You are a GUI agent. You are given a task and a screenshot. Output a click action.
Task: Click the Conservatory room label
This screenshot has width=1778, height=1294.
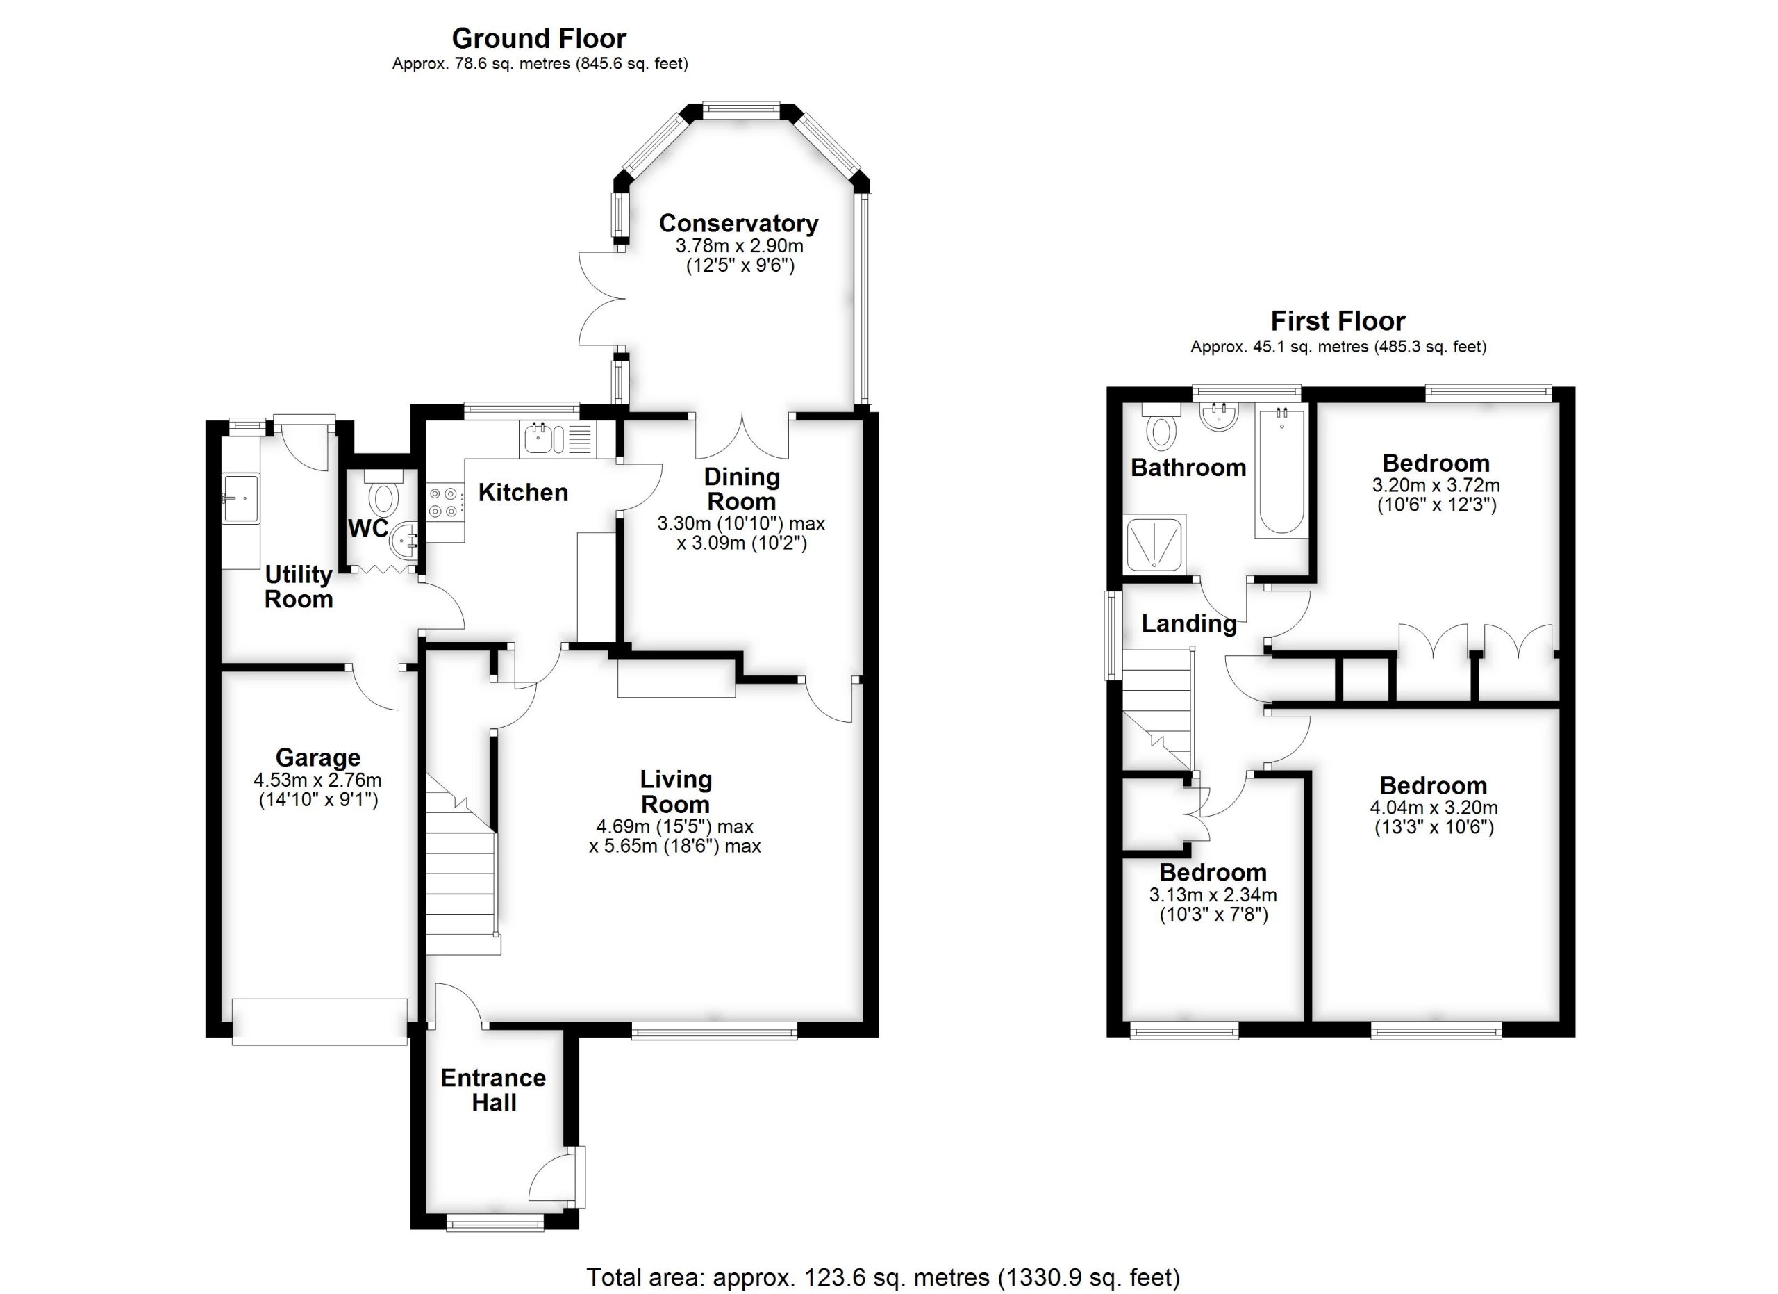pos(738,224)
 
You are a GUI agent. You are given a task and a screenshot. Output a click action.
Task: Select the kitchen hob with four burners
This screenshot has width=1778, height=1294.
pos(444,502)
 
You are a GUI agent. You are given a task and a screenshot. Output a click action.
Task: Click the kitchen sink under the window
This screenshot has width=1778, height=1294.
pos(538,440)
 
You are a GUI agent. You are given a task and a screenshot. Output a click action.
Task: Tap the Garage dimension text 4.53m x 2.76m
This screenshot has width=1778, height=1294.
pos(317,780)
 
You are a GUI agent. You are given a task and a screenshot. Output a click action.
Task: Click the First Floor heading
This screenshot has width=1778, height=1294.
pos(1338,321)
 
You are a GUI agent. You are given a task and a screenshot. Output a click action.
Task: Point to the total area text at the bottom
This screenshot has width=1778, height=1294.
pos(883,1277)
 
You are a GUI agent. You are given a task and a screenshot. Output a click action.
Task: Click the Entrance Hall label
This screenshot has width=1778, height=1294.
pos(493,1090)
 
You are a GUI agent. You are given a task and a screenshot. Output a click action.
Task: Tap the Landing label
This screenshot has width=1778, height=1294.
pos(1188,623)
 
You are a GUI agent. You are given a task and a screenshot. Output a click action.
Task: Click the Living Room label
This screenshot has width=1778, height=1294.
pos(675,792)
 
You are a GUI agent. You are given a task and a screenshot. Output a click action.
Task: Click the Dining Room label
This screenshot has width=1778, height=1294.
pos(741,489)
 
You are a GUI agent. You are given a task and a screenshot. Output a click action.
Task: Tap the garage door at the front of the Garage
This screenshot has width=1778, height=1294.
pos(320,1021)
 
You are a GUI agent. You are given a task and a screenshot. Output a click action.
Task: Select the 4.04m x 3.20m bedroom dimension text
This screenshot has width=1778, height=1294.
pos(1433,808)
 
